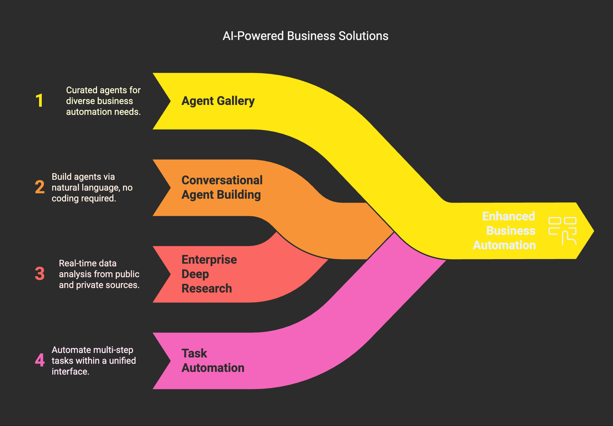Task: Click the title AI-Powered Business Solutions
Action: pyautogui.click(x=305, y=36)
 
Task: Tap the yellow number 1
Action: pyautogui.click(x=39, y=100)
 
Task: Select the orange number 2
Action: pyautogui.click(x=40, y=187)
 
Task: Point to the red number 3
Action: pyautogui.click(x=40, y=274)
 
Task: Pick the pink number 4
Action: pyautogui.click(x=40, y=360)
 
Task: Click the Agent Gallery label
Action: pyautogui.click(x=218, y=101)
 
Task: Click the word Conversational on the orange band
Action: pyautogui.click(x=222, y=180)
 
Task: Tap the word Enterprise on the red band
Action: pyautogui.click(x=209, y=259)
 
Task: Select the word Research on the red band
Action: pyautogui.click(x=207, y=288)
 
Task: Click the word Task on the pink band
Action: pyautogui.click(x=194, y=353)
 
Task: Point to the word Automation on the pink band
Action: pyautogui.click(x=213, y=368)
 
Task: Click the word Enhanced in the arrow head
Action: pyautogui.click(x=508, y=216)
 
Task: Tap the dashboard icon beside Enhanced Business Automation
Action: pyautogui.click(x=562, y=231)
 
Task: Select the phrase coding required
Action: pyautogui.click(x=84, y=198)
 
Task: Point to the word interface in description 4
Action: pyautogui.click(x=70, y=372)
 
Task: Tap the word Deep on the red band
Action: pyautogui.click(x=195, y=274)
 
